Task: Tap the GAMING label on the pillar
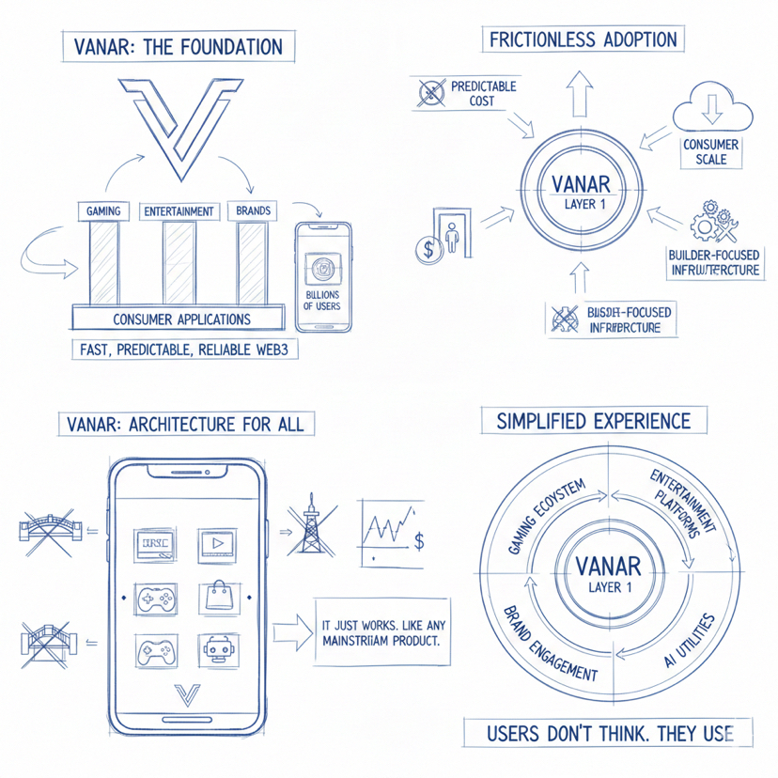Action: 102,210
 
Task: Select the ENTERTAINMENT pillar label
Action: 178,210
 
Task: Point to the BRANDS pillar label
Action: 253,210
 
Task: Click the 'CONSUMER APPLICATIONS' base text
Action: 181,319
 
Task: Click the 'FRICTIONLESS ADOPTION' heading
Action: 583,40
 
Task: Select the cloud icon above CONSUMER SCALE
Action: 711,107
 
